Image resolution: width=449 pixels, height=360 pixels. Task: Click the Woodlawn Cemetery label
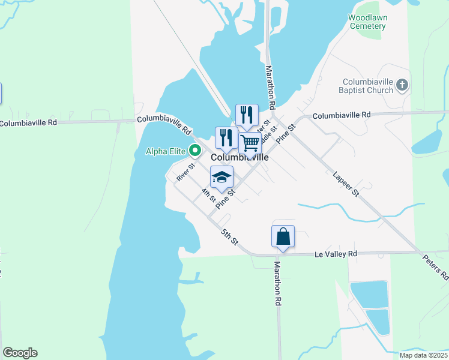click(367, 22)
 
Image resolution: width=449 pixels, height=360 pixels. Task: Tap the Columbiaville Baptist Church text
click(368, 86)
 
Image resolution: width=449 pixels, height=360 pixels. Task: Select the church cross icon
click(402, 86)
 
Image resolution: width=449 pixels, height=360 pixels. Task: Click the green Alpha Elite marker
click(194, 151)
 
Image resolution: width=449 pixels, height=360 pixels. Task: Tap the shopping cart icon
click(250, 144)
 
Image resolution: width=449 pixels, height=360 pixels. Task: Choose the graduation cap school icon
click(221, 177)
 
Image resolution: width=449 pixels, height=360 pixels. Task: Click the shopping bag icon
click(283, 236)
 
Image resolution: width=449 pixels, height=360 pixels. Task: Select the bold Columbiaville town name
click(239, 158)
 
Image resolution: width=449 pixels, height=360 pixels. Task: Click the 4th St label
click(208, 194)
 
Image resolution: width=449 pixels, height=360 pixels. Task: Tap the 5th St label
click(229, 236)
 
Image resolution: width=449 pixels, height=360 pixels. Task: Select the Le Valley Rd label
click(336, 254)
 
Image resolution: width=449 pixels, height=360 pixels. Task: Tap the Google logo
click(20, 353)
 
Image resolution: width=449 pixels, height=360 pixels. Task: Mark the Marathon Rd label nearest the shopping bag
click(278, 280)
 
